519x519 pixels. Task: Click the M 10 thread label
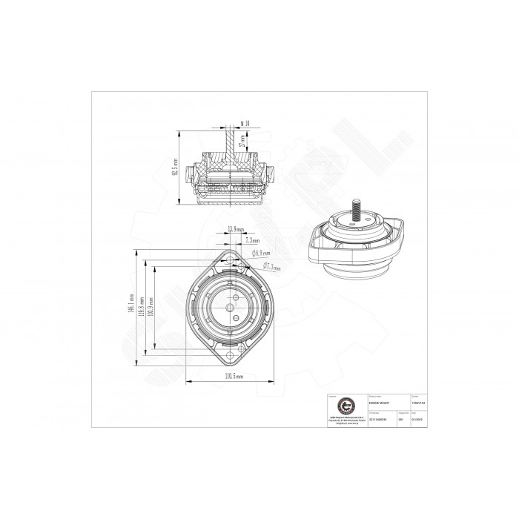(246, 124)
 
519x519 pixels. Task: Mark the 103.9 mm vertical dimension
(151, 307)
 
